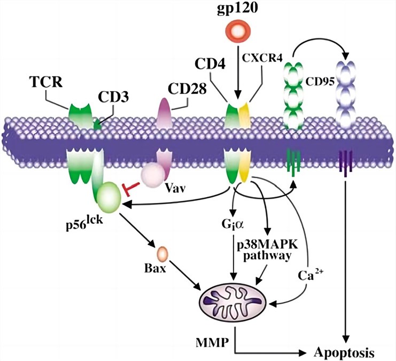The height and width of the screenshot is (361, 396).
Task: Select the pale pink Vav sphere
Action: (153, 174)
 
